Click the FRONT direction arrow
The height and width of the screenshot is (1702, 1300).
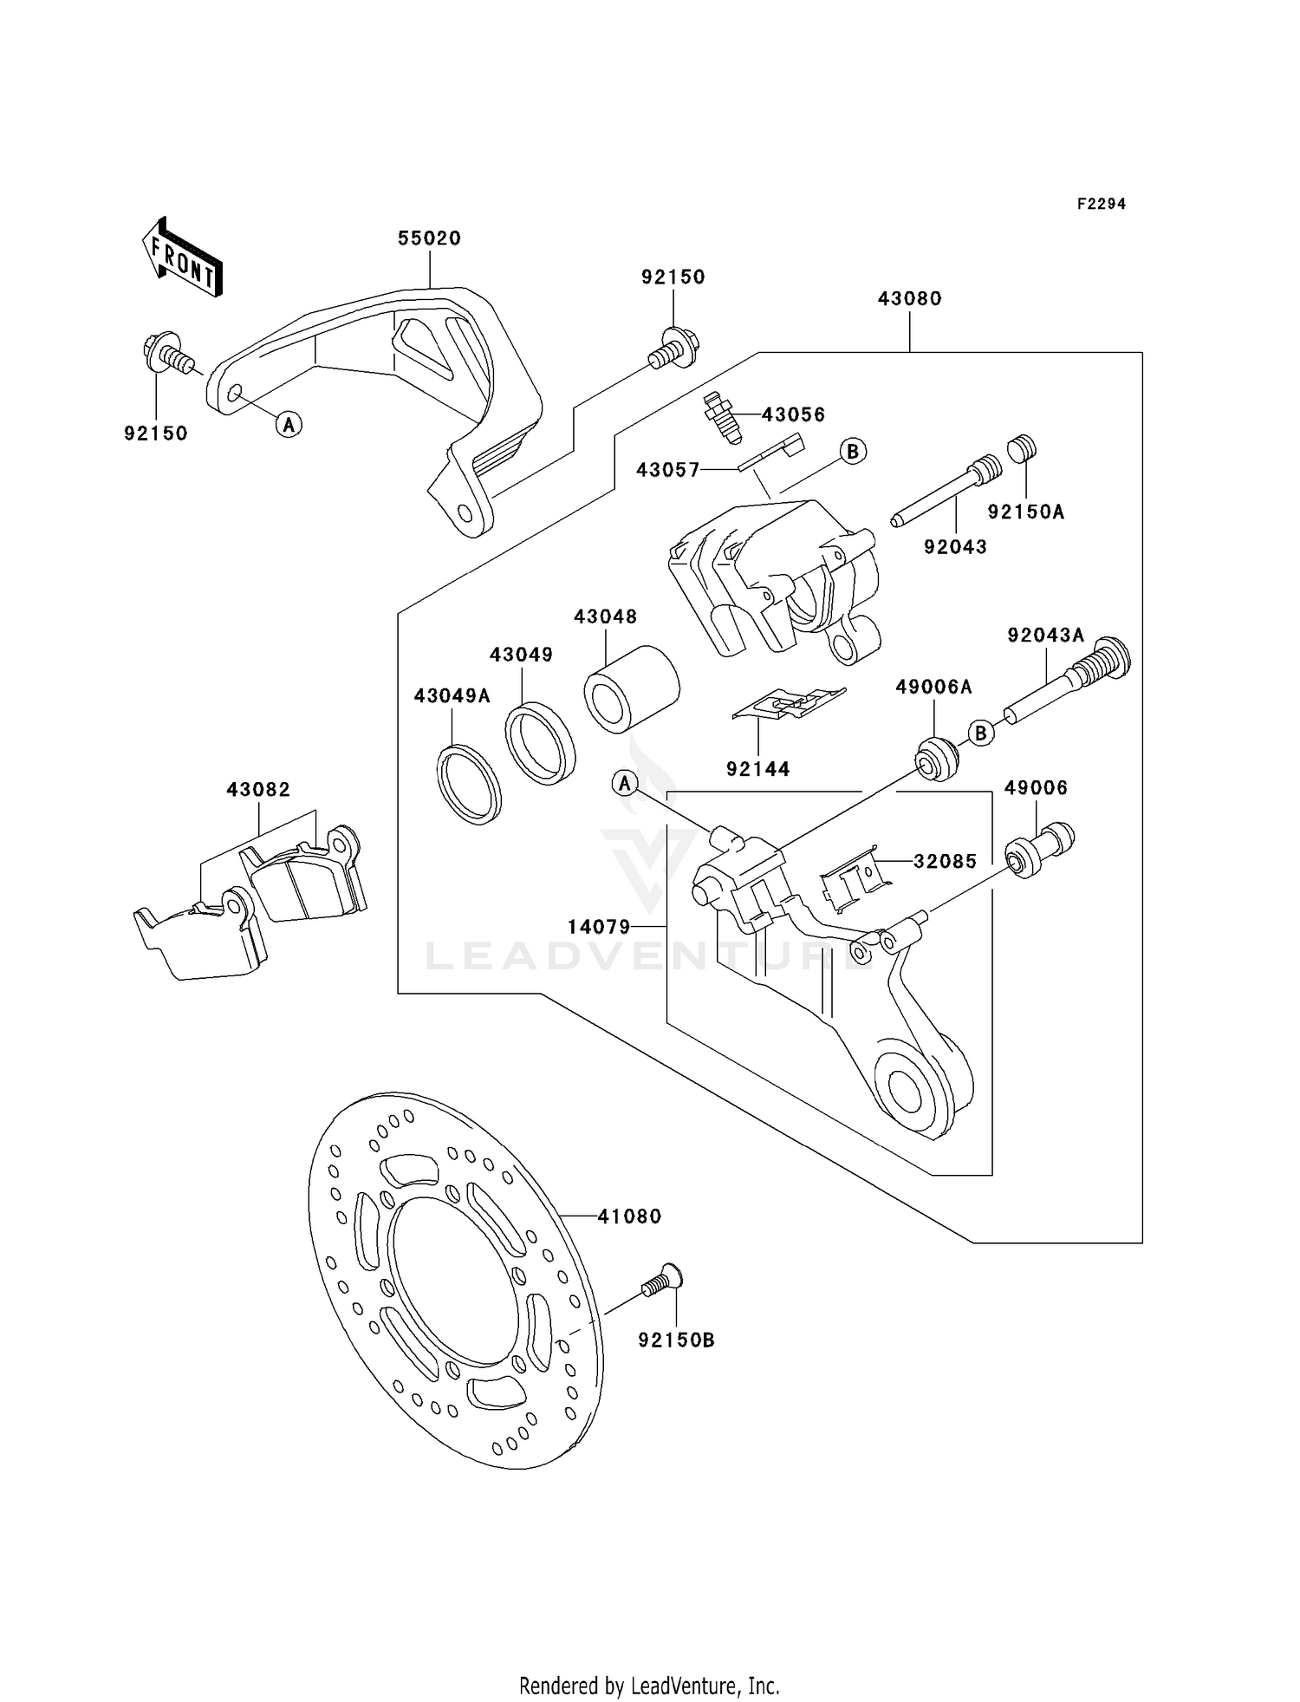pos(182,258)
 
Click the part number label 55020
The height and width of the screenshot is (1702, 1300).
pos(429,238)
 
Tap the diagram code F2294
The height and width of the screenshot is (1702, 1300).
pos(1101,204)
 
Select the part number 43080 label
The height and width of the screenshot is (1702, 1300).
pos(909,298)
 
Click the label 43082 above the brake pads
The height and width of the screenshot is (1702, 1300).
pos(258,790)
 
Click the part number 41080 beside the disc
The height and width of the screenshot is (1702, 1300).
pos(629,1216)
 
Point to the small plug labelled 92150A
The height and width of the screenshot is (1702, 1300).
pos(1023,450)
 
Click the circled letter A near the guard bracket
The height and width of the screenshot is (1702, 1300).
pos(289,424)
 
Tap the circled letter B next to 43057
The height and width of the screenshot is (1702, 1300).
pos(853,451)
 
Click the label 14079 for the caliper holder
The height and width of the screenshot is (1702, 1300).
pos(599,927)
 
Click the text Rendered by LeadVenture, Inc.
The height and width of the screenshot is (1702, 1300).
pos(649,1686)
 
